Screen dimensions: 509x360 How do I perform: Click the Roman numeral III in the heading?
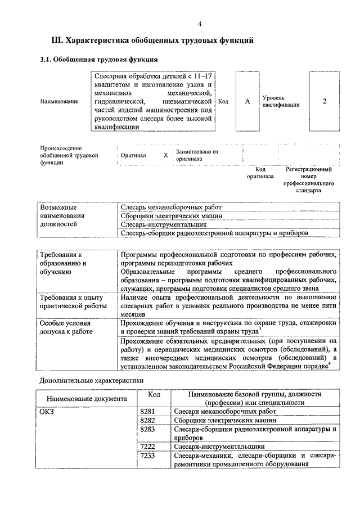pyautogui.click(x=56, y=40)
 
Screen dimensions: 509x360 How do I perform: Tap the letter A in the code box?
pyautogui.click(x=247, y=101)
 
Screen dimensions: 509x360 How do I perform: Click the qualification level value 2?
pyautogui.click(x=325, y=101)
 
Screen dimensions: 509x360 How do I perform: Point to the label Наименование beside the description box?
pyautogui.click(x=58, y=101)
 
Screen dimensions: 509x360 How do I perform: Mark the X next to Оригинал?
pyautogui.click(x=165, y=155)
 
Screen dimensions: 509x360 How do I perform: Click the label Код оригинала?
pyautogui.click(x=260, y=172)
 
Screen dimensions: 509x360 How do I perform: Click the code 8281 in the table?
pyautogui.click(x=147, y=411)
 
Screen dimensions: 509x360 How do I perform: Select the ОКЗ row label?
pyautogui.click(x=47, y=411)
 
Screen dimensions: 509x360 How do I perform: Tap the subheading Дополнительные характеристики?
pyautogui.click(x=88, y=380)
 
